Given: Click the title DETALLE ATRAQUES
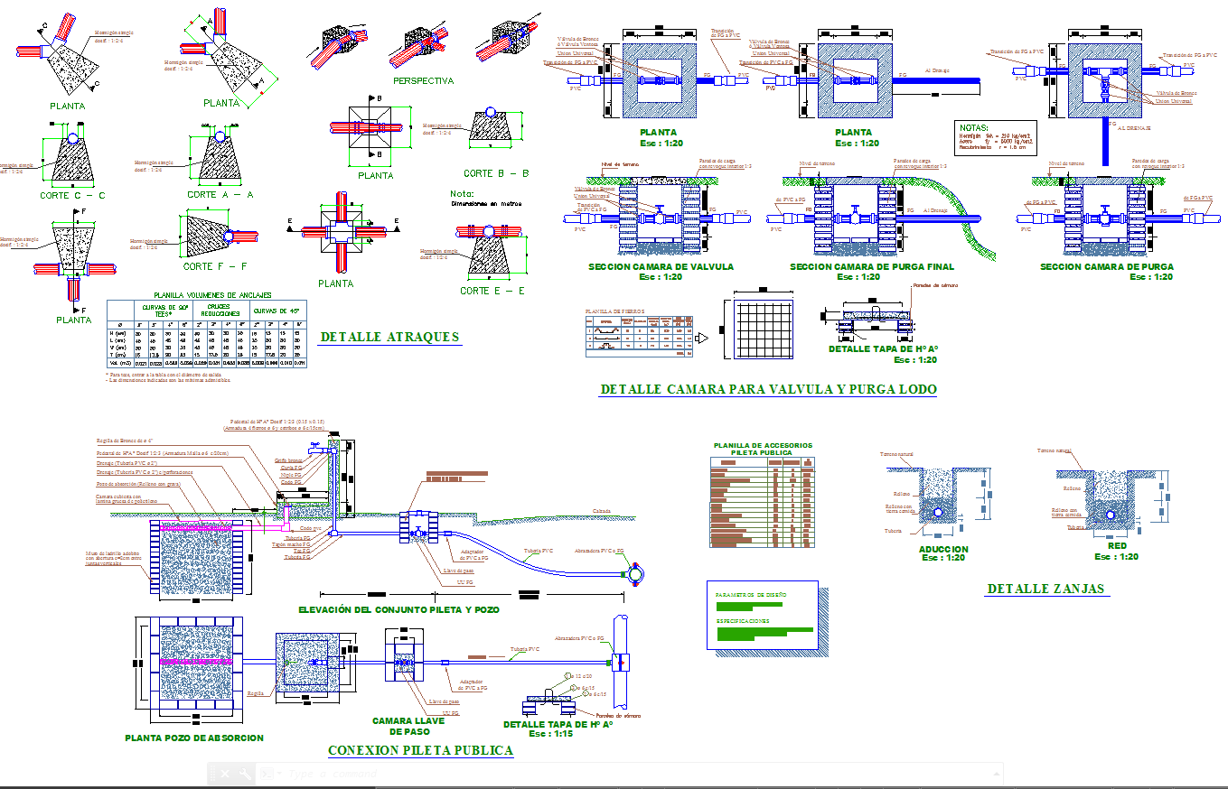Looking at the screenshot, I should (389, 337).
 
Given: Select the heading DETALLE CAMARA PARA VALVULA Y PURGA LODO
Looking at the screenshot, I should (768, 389).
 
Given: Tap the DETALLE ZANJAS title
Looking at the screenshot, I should (1045, 589).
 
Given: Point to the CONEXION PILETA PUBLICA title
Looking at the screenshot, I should (420, 750).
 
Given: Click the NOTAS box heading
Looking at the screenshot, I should (974, 128).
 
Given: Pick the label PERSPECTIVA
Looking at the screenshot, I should (423, 81).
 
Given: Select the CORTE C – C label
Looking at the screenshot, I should (72, 195).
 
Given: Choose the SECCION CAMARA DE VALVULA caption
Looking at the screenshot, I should (661, 266).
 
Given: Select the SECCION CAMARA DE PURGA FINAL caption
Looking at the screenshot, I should (871, 266).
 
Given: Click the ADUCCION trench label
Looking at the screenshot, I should (942, 548).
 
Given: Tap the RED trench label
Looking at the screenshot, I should (1117, 546).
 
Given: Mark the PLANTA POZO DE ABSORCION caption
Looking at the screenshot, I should (194, 738).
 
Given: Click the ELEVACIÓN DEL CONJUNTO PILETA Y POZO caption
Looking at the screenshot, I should (398, 610).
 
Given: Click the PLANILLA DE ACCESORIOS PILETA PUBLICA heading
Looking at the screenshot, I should (763, 449).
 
